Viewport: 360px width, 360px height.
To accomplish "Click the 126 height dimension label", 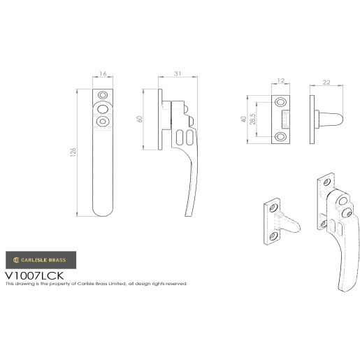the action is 73,152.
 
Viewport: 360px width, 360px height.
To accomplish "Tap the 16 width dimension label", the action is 103,73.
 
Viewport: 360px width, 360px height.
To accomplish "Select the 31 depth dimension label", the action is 178,73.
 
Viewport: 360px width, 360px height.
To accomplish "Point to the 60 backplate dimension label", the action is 140,119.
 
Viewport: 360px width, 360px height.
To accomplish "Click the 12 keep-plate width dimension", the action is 281,80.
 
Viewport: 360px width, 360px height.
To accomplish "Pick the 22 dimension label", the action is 326,82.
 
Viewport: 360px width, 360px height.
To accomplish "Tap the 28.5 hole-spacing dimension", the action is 252,119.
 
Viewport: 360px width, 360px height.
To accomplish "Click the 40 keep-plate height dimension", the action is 243,119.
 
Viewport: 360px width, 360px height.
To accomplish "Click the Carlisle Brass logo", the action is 41,260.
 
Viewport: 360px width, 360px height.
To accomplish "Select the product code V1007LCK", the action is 34,275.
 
